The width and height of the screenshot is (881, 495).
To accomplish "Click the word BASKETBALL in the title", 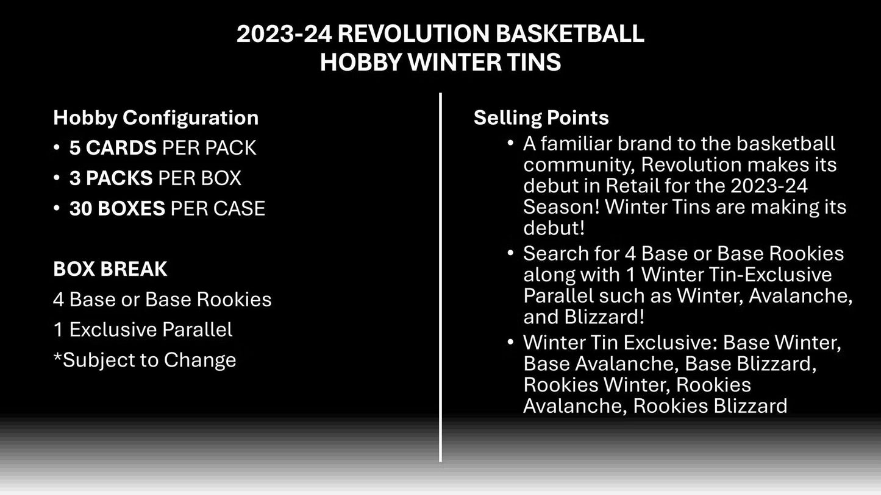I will [569, 34].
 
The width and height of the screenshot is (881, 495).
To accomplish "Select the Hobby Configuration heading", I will [155, 118].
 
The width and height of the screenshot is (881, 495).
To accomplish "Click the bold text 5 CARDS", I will [113, 148].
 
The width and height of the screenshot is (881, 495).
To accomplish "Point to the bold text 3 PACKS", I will [111, 178].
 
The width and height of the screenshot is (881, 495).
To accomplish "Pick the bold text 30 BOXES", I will [117, 209].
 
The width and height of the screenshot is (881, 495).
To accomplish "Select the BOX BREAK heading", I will [110, 269].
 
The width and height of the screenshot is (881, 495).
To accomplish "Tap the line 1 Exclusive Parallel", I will [143, 329].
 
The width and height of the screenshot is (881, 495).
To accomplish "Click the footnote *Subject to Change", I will [144, 360].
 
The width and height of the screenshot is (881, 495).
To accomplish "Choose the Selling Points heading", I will [541, 118].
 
